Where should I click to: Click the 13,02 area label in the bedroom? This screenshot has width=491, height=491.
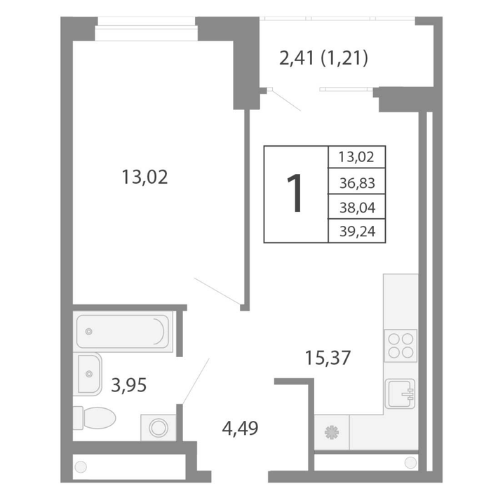coord(144,177)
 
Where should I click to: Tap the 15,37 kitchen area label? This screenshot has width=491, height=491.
coord(328,358)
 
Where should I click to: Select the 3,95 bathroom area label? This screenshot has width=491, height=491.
coord(128,385)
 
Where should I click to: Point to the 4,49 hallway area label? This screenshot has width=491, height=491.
coord(240,429)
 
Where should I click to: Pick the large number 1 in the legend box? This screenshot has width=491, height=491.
coord(295,193)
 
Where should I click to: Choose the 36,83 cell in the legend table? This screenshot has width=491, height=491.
coord(357,183)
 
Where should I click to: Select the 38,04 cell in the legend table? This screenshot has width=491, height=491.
coord(357,208)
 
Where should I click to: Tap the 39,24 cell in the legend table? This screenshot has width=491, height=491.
coord(357,231)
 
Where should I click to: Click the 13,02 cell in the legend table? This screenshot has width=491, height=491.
coord(356,157)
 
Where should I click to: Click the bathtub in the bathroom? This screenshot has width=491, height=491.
coord(123,331)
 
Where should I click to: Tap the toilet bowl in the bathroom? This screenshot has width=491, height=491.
coord(95,418)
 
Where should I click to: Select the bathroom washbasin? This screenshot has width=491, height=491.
coord(89,374)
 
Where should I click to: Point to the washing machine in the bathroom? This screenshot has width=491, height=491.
coord(159,428)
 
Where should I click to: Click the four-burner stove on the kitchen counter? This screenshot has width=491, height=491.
coord(401,346)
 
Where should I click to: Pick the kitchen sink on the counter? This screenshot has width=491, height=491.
coord(400,394)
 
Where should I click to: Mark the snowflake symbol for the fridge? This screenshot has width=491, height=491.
coord(332,433)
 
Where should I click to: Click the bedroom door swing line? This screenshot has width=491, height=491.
coord(217,291)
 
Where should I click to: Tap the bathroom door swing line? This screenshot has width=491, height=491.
coord(196,381)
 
